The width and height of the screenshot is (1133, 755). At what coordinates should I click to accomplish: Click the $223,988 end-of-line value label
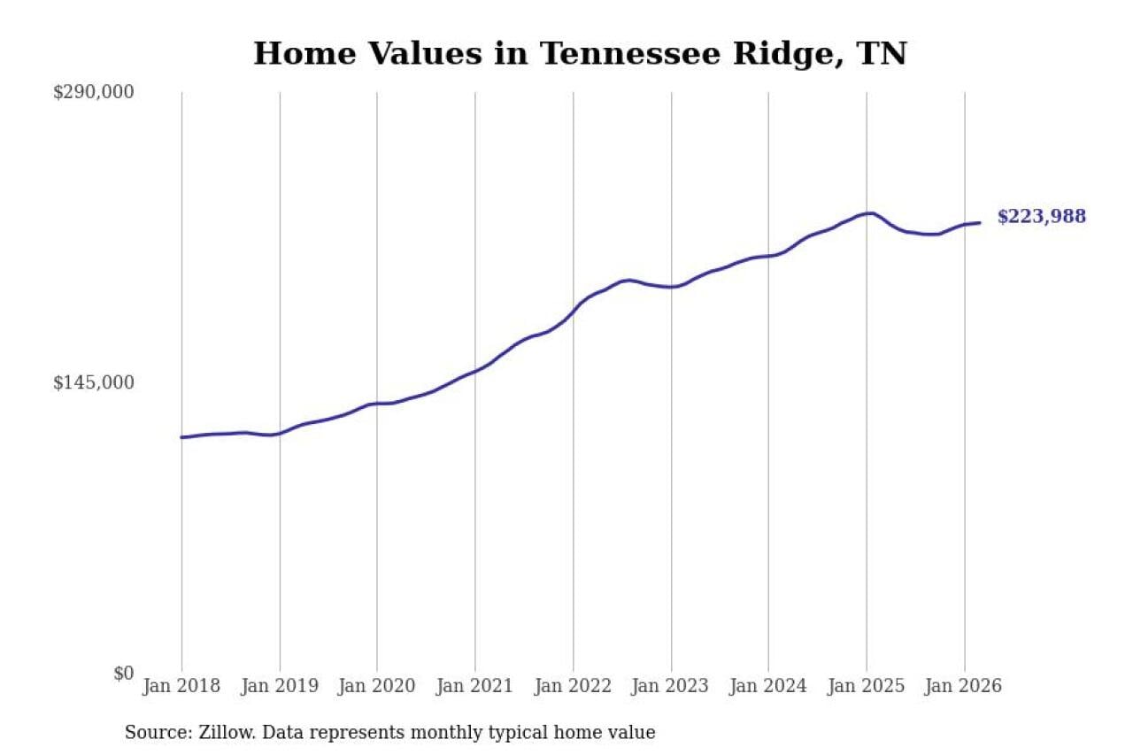point(1041,217)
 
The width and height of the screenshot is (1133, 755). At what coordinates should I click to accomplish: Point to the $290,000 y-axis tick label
point(94,92)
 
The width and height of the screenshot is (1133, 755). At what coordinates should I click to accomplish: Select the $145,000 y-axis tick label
point(94,382)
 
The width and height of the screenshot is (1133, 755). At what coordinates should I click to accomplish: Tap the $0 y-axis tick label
point(123,673)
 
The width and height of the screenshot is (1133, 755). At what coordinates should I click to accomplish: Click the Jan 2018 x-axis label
point(181,687)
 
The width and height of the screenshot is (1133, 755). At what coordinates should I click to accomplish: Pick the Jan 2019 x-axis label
point(280,687)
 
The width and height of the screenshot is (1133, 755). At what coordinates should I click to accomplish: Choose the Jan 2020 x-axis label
point(377,687)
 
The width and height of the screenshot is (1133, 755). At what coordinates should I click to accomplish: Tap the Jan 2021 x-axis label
point(475,687)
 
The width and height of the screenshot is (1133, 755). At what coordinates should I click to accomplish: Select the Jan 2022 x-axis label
point(573,687)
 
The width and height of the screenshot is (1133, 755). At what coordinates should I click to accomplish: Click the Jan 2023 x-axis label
point(671,687)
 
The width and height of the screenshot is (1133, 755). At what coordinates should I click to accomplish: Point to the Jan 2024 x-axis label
point(768,687)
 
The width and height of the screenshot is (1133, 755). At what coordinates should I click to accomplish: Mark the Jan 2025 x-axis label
point(867,687)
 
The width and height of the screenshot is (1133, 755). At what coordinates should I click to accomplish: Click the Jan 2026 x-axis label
point(964,687)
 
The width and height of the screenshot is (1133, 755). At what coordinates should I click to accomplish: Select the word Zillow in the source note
point(219,733)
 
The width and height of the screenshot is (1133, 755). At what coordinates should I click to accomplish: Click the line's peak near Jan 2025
point(872,213)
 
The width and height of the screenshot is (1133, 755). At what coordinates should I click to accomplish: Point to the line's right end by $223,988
point(979,223)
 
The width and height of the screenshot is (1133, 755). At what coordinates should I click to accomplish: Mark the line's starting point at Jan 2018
point(182,437)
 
